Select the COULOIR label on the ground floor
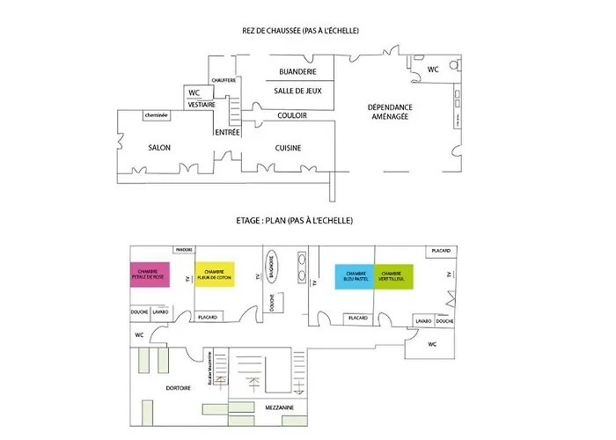click(x=292, y=115)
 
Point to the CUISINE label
click(x=290, y=148)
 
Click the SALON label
click(x=159, y=148)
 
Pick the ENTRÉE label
click(x=227, y=133)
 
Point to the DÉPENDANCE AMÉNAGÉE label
click(x=390, y=112)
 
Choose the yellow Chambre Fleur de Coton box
click(x=216, y=275)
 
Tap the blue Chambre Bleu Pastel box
click(x=356, y=276)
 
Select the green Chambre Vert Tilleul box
click(x=393, y=276)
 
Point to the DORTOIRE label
click(x=180, y=387)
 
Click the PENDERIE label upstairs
click(x=184, y=250)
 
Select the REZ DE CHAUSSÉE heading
click(x=273, y=32)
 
